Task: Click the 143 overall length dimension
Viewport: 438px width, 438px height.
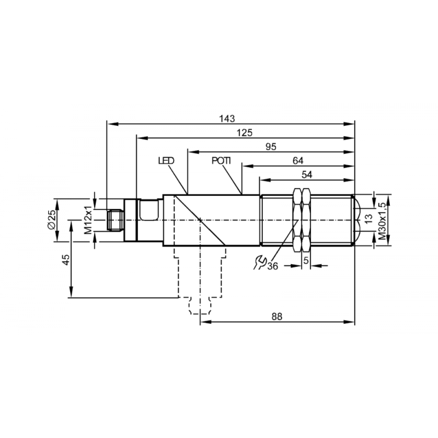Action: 227,119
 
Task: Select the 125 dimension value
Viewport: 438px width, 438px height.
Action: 244,133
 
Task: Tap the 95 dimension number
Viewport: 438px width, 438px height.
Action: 271,147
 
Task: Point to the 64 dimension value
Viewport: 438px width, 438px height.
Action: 298,161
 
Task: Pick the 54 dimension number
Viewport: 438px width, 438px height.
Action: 307,175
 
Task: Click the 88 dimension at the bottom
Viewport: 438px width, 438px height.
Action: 277,317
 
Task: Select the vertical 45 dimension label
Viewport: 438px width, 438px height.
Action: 66,259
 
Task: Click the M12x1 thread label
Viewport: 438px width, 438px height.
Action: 88,220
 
